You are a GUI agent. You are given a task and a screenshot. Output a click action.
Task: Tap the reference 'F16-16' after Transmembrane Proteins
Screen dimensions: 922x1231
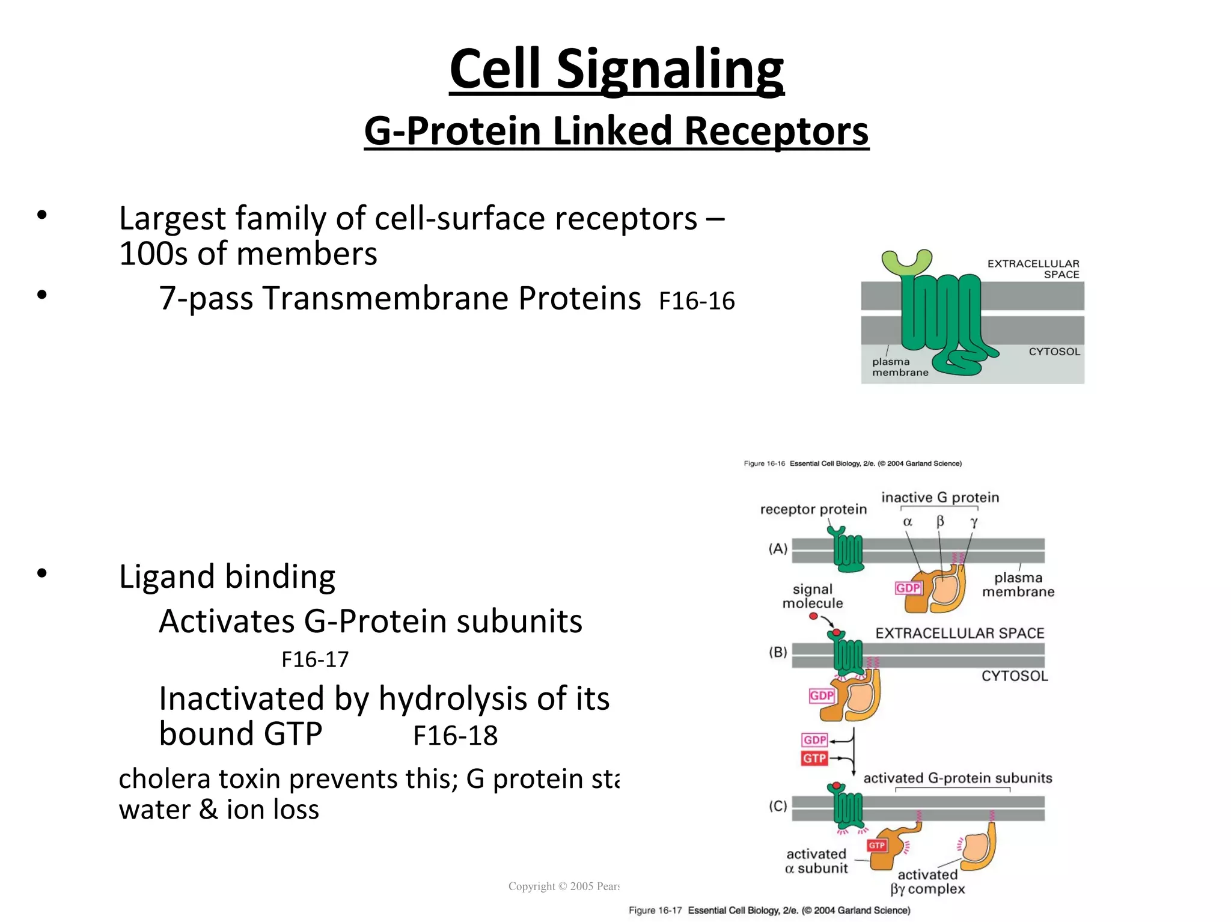[x=696, y=301]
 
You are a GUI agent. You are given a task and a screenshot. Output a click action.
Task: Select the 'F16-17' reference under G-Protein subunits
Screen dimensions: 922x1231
[x=315, y=660]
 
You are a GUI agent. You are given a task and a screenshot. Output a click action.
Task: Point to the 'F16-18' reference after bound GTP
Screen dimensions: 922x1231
[x=455, y=736]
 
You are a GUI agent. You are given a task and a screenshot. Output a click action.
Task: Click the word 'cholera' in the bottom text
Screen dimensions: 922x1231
[x=157, y=779]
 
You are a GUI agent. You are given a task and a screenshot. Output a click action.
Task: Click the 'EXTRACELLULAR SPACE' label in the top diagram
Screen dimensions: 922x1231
[x=1033, y=269]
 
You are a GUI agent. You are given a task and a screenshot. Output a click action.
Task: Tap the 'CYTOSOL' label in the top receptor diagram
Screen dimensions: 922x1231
[x=1054, y=352]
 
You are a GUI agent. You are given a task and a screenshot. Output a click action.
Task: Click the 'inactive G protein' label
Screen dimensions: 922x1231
[x=940, y=498]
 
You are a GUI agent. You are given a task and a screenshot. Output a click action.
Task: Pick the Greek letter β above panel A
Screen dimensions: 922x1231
[x=940, y=521]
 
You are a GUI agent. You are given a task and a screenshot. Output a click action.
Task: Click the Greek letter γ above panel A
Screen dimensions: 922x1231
[x=974, y=522]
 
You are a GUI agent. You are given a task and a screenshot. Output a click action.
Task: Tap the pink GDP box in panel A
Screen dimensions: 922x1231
[x=908, y=588]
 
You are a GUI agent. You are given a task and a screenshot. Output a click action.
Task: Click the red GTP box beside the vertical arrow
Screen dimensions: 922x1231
[x=814, y=759]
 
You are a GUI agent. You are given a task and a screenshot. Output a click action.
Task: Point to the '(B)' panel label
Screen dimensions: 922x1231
[x=778, y=652]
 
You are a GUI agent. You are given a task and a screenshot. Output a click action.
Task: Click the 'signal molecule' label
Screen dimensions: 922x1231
[x=813, y=596]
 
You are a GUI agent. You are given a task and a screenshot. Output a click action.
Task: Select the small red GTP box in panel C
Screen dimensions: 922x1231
[x=876, y=846]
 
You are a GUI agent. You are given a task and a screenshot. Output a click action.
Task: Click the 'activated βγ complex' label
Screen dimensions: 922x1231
[x=927, y=882]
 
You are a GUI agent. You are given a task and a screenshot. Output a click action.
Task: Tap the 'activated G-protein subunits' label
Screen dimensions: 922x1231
[x=958, y=778]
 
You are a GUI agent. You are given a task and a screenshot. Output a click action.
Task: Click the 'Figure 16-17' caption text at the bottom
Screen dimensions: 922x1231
[x=655, y=911]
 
